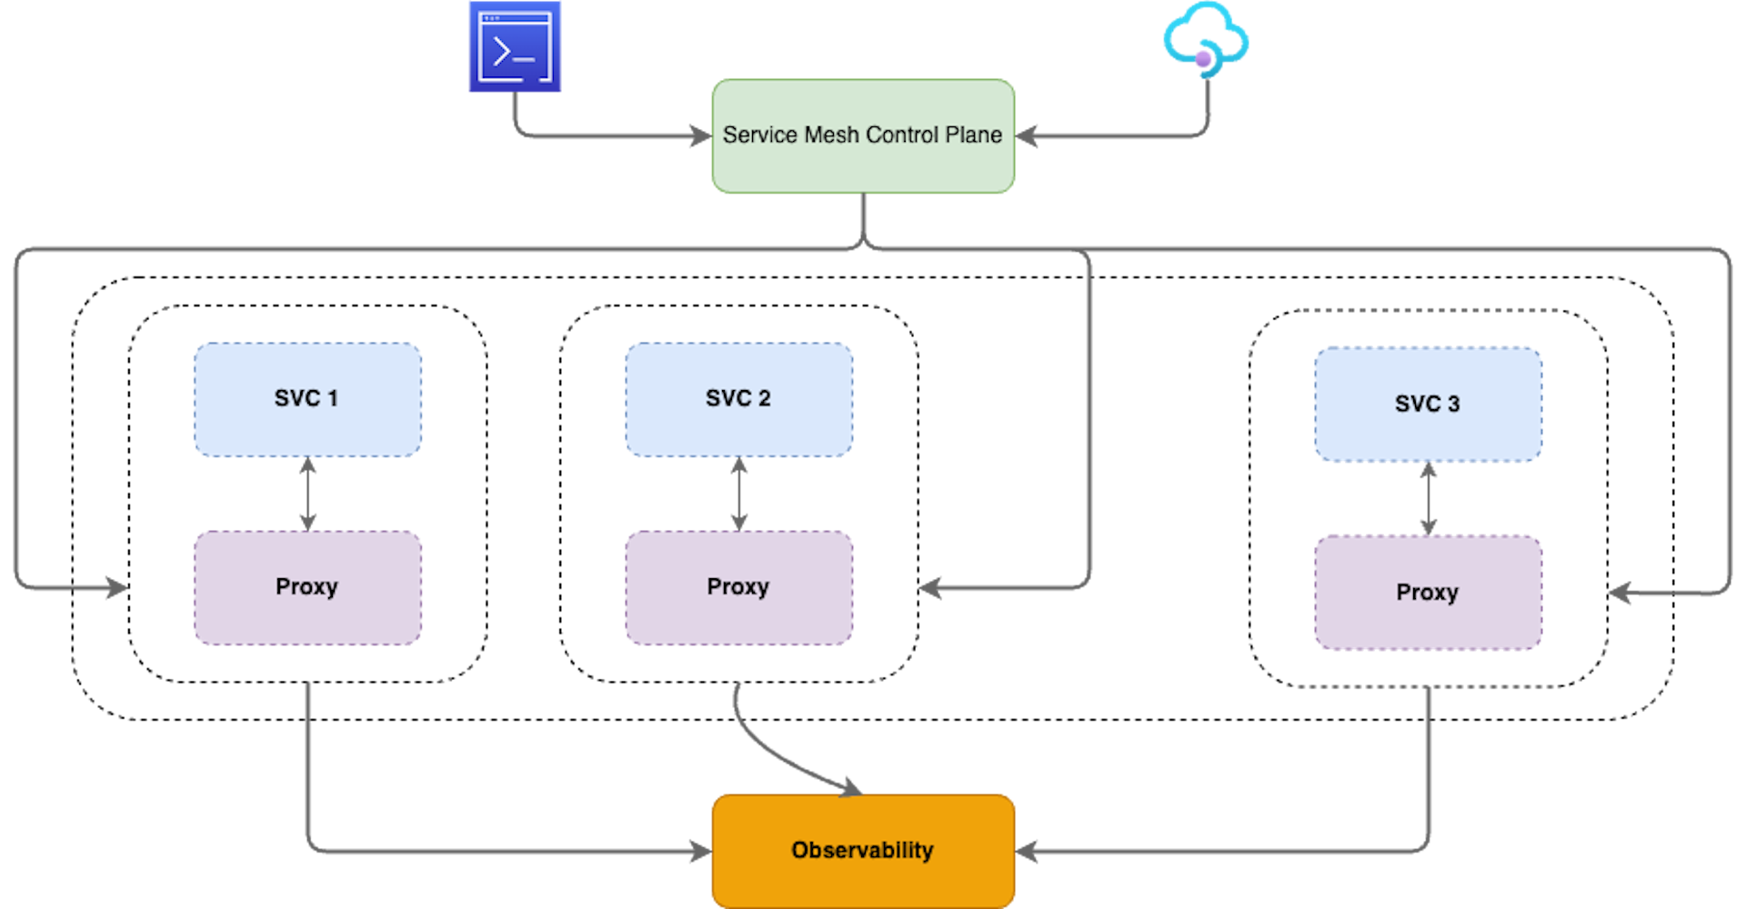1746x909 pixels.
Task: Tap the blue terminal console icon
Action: (x=515, y=46)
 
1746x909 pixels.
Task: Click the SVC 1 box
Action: (x=307, y=399)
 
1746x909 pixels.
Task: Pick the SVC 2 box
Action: (x=738, y=399)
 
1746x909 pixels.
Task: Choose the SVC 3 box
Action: (x=1428, y=404)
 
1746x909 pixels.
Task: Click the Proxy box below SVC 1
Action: (x=307, y=587)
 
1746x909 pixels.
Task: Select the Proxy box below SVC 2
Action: (x=738, y=587)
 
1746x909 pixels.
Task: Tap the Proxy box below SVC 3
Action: (x=1428, y=593)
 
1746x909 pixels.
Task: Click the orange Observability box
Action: (x=862, y=851)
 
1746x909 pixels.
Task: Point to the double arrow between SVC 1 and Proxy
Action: (x=307, y=494)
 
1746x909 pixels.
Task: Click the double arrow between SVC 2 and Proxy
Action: (x=738, y=494)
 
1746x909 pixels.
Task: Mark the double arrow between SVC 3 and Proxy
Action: (x=1428, y=498)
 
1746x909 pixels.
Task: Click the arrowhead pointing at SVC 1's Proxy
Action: (x=118, y=587)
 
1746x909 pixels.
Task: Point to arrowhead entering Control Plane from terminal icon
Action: (x=700, y=136)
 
